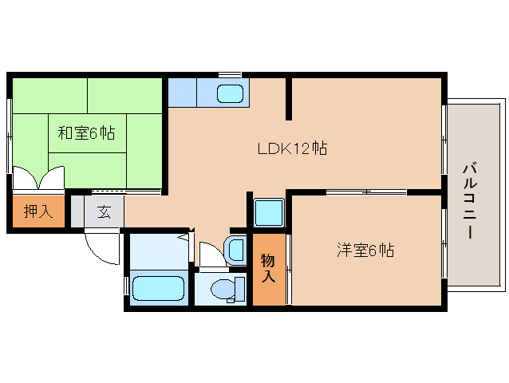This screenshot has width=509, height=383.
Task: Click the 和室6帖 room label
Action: [86, 133]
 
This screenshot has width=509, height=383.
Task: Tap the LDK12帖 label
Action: [292, 148]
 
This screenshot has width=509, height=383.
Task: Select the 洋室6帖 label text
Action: [365, 251]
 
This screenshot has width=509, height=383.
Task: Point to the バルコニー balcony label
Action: [470, 201]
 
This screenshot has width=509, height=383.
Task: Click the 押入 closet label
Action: [38, 211]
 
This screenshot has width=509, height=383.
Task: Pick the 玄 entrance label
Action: [104, 212]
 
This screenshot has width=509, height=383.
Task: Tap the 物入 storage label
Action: [268, 268]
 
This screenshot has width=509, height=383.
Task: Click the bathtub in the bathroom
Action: [159, 288]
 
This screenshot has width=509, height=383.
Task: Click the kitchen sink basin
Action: [230, 93]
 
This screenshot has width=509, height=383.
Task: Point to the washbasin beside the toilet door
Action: [235, 250]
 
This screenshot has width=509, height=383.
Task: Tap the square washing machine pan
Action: [269, 212]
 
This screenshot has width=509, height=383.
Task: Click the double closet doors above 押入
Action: [38, 178]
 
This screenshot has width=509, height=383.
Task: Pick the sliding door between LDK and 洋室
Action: [366, 192]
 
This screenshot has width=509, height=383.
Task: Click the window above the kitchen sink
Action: [230, 75]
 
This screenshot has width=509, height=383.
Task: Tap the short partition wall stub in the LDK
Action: [289, 99]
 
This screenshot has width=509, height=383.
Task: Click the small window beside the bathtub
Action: [127, 286]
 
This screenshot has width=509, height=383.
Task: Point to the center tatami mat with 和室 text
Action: [87, 133]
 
